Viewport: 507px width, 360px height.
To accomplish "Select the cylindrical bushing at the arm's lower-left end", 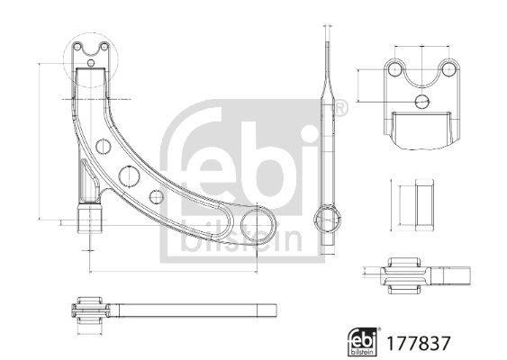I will tap(89, 219).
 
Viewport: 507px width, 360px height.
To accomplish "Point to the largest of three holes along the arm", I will tap(126, 175).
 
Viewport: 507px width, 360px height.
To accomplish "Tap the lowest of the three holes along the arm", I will tap(157, 196).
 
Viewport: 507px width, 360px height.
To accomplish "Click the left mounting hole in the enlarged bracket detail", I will tap(394, 69).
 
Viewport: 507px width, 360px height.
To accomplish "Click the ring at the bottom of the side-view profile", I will tap(327, 219).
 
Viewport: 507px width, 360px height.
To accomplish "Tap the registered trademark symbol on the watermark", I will tap(340, 109).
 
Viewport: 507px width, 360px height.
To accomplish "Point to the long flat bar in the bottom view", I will tap(189, 311).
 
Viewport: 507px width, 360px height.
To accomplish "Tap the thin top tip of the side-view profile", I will tap(327, 36).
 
